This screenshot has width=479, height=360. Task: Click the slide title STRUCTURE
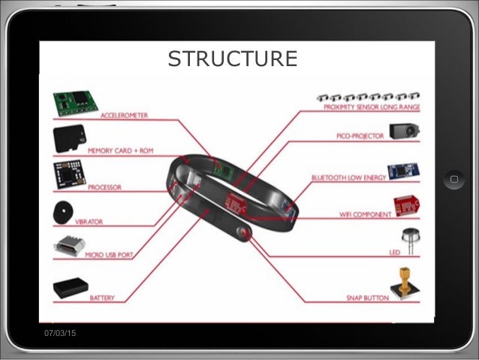[232, 58]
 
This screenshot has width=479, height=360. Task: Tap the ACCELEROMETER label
[124, 116]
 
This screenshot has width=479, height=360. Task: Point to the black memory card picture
[68, 139]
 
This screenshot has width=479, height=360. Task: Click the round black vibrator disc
[65, 213]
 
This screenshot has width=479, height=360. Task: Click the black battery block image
[71, 288]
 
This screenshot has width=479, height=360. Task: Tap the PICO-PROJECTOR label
[359, 136]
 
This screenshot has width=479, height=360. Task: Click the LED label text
[393, 253]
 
